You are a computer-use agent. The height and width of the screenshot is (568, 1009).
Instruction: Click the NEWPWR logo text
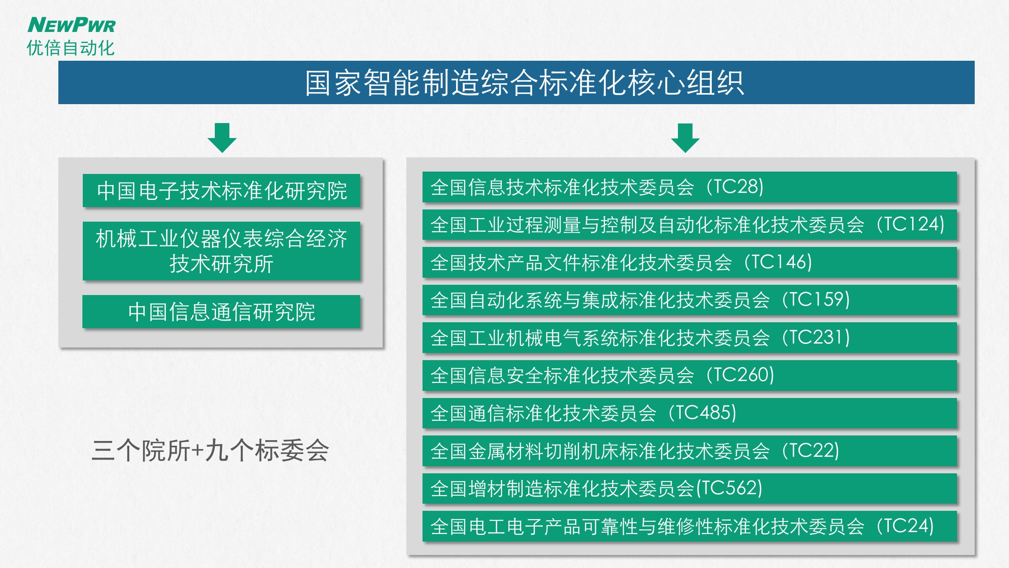tap(71, 25)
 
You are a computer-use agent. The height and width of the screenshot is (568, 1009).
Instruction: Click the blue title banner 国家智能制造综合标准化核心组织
tap(516, 82)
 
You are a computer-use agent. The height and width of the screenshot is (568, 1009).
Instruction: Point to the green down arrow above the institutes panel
tap(222, 138)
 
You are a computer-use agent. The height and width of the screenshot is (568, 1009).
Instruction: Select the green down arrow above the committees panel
tap(685, 138)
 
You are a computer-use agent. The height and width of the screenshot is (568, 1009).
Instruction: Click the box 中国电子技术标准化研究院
tap(222, 191)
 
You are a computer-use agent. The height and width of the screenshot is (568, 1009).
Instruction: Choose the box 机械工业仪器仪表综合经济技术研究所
tap(222, 251)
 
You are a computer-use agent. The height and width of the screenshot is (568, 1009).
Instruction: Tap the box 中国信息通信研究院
tap(222, 312)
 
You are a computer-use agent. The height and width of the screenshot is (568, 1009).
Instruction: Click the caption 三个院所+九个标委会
tap(210, 450)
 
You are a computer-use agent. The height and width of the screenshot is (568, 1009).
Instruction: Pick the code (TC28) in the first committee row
tap(735, 187)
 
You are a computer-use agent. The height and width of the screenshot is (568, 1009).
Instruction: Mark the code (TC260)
tap(740, 375)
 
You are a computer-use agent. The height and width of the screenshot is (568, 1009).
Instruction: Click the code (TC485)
tap(702, 413)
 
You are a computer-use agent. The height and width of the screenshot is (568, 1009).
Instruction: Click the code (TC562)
tap(729, 488)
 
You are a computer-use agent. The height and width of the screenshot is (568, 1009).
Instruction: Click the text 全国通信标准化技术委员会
tap(544, 413)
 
